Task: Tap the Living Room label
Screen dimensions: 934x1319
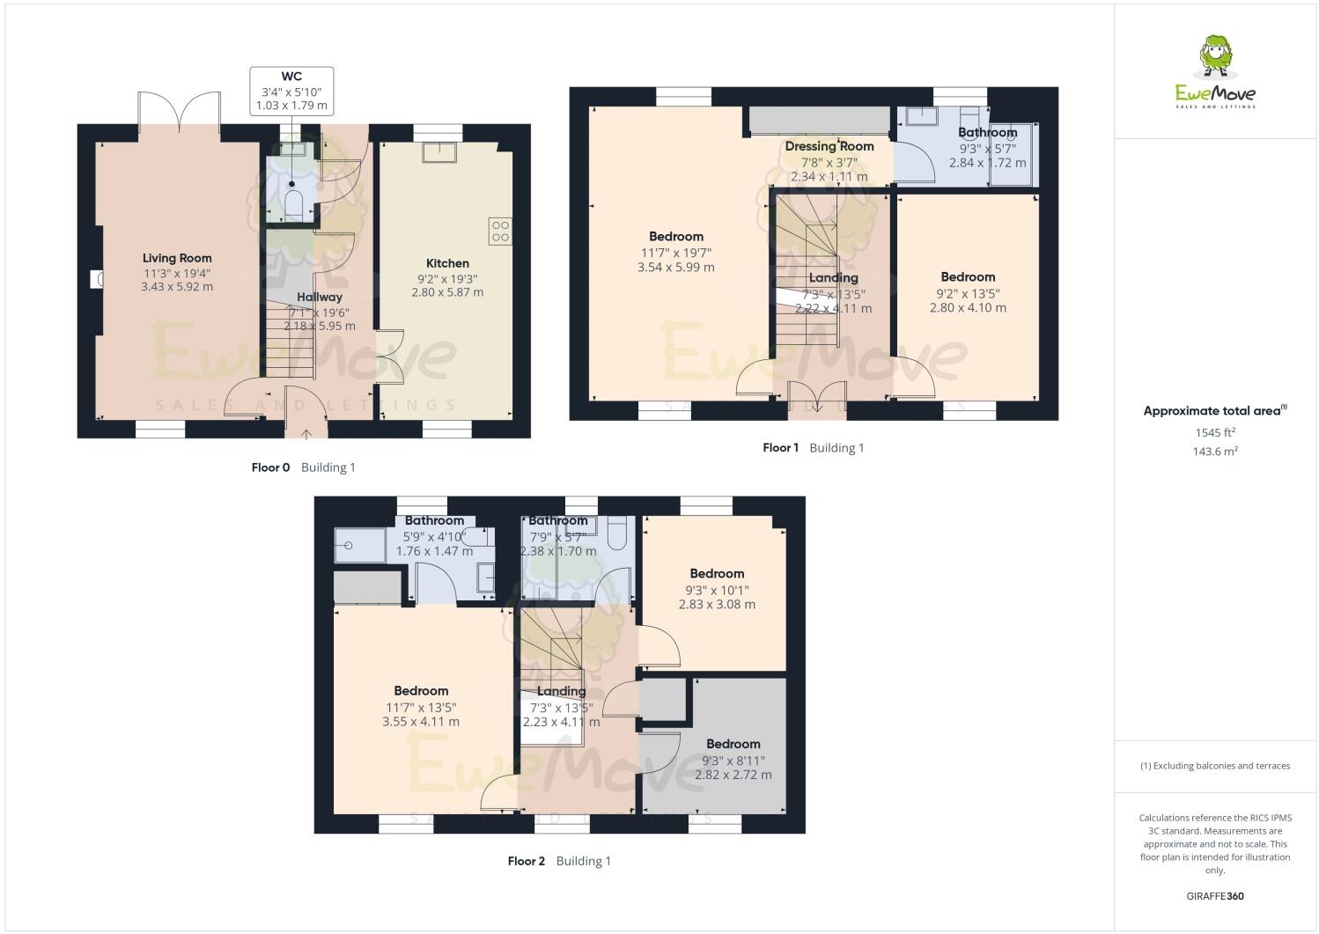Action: (x=177, y=258)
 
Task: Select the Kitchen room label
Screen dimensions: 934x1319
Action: (x=447, y=263)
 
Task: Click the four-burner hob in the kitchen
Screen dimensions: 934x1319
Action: (x=500, y=231)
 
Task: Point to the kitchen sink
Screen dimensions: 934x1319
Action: (x=438, y=151)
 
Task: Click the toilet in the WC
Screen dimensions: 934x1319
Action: (x=294, y=205)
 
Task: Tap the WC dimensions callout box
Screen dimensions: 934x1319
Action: (x=291, y=92)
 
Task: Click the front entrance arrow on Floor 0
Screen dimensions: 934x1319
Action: (x=306, y=432)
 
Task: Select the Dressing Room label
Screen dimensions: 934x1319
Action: (x=829, y=146)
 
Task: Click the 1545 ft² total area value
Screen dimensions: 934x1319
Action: (x=1215, y=432)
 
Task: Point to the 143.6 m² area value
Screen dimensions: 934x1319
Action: (x=1215, y=451)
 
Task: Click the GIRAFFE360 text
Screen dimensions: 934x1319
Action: (x=1215, y=896)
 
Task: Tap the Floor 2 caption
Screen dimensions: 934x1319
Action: (x=527, y=861)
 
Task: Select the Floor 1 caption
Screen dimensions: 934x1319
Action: (x=780, y=447)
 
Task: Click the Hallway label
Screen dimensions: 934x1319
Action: (x=319, y=297)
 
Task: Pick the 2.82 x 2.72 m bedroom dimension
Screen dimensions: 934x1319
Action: (x=733, y=775)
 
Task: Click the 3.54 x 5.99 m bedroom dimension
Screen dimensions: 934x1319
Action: (x=675, y=267)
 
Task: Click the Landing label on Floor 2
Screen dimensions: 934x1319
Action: (x=561, y=691)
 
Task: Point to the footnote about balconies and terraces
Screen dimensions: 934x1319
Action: (x=1215, y=766)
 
